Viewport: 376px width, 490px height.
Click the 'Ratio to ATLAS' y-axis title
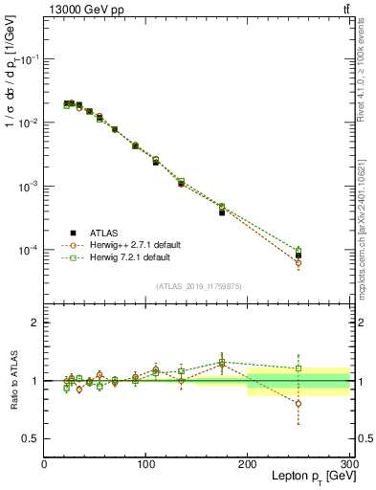click(x=12, y=380)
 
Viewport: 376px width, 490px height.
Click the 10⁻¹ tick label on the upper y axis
click(x=30, y=58)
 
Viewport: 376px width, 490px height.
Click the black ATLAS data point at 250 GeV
click(x=299, y=256)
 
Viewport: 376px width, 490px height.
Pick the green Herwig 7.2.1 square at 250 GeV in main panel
click(x=299, y=251)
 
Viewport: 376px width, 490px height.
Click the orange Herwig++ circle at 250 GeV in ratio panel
click(x=299, y=404)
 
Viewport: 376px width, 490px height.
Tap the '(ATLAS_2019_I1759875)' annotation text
click(x=200, y=285)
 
